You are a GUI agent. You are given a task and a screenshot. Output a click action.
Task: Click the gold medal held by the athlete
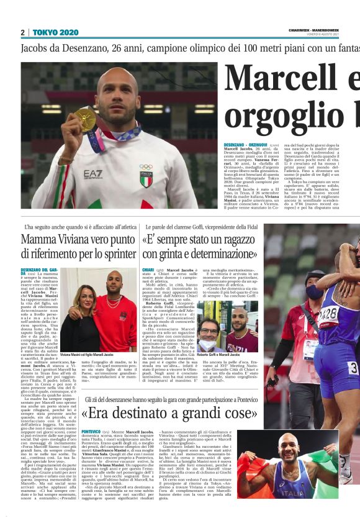tap(86, 119)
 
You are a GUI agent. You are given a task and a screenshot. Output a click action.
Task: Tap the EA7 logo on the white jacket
tap(93, 175)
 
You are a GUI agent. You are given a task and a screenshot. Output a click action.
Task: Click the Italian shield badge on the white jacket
tap(146, 181)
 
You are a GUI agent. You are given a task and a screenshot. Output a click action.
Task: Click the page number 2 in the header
tap(22, 32)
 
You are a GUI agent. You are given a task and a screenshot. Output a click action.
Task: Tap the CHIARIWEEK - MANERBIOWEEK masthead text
tap(313, 29)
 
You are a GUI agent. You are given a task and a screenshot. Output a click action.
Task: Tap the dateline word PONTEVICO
tap(91, 430)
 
